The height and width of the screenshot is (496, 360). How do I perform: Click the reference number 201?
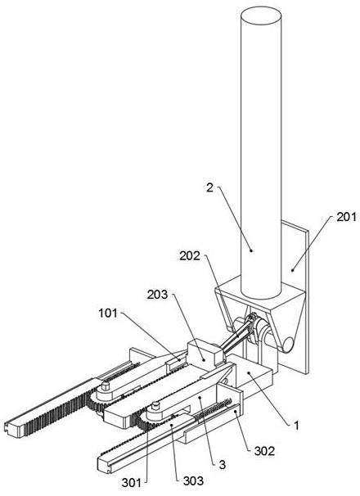coord(346,217)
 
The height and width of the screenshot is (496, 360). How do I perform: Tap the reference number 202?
coord(190,255)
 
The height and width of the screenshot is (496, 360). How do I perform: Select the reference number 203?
coord(157,295)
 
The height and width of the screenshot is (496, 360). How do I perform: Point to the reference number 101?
coord(108,313)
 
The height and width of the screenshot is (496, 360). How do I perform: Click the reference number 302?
coord(264,451)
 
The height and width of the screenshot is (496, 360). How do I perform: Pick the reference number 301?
coord(132,483)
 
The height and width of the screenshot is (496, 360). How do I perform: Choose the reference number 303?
coord(193,480)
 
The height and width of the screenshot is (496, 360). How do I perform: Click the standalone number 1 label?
coord(296,426)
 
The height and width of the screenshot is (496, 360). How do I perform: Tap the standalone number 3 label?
coord(223,464)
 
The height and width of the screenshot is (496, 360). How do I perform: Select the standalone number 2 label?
coord(210,188)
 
